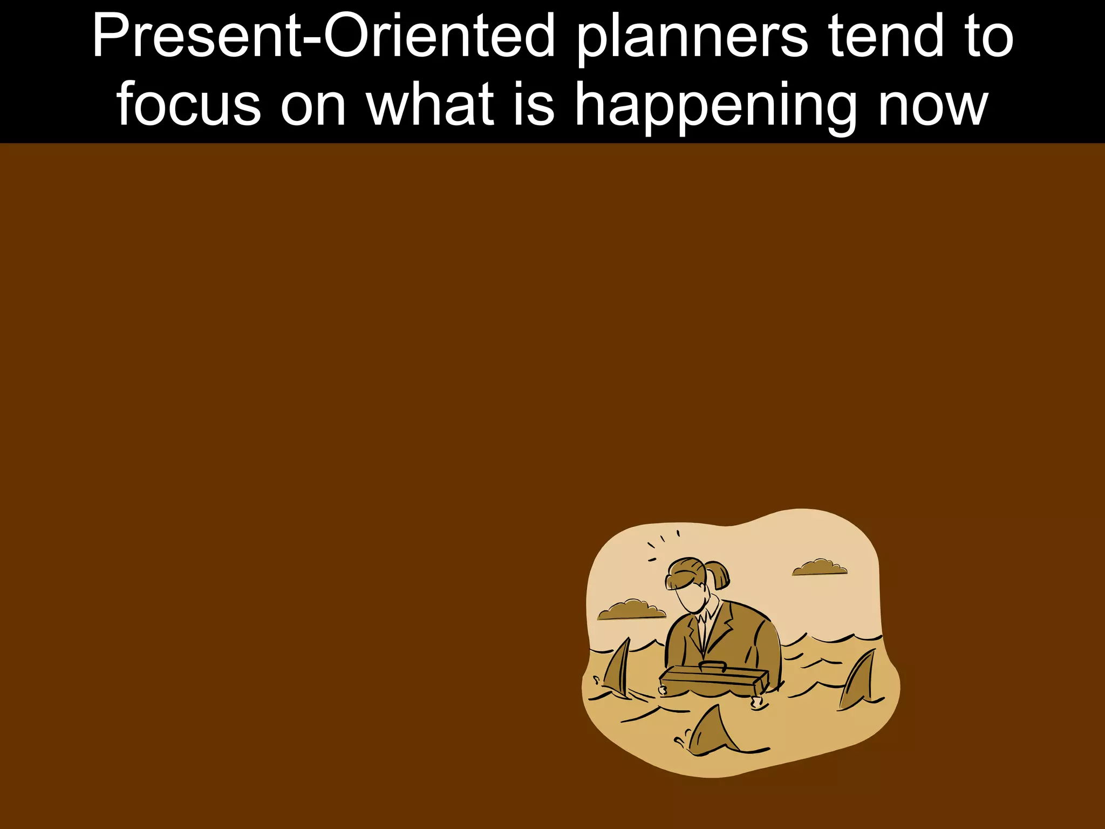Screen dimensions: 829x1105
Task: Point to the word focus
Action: coord(188,104)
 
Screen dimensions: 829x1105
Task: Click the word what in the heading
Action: coord(430,104)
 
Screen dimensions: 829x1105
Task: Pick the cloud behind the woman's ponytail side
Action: coord(819,567)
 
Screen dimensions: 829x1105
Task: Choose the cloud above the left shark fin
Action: coord(631,609)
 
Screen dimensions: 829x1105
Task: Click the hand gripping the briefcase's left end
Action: coord(663,690)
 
